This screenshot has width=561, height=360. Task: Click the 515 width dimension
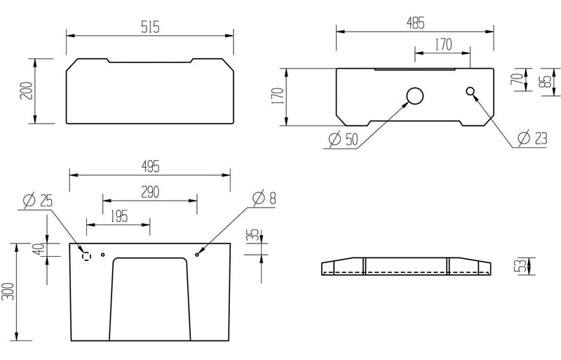coord(150,27)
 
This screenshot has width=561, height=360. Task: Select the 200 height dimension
coord(27,91)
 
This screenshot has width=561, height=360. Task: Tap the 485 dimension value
coord(415,23)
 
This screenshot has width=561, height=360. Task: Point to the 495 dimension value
coord(150,166)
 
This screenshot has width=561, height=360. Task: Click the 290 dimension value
coord(150,192)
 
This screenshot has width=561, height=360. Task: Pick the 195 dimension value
coord(119,216)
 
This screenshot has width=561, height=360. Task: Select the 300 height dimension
coord(8,292)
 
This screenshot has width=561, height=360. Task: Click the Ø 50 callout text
coord(343,139)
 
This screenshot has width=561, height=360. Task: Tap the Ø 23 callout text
coord(532,138)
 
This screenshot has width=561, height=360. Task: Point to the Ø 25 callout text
coord(38,201)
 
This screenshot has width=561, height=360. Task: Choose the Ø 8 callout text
coord(264,198)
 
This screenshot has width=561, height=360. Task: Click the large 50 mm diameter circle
coord(415,96)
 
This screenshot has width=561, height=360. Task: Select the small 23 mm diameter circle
coord(470,91)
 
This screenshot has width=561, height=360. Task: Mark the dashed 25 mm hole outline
coord(86,256)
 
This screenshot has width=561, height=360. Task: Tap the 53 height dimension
coord(522,266)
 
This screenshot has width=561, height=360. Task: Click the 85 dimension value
coord(546,81)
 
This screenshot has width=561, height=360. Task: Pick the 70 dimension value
coord(517,79)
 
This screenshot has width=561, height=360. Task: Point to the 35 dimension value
coord(252,234)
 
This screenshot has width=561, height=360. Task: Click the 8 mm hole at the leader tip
coord(197,255)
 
